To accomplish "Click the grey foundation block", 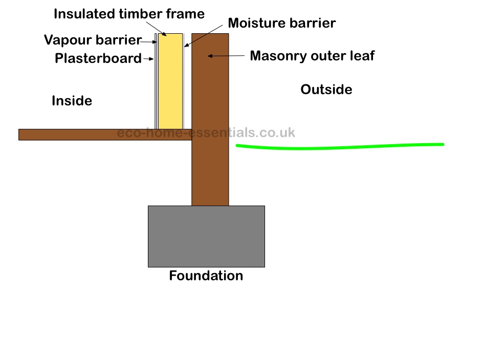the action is pyautogui.click(x=206, y=236).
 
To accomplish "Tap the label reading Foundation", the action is pyautogui.click(x=206, y=276).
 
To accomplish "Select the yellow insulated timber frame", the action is pyautogui.click(x=170, y=81).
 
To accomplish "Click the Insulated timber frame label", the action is pyautogui.click(x=129, y=14).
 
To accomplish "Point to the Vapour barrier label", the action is pyautogui.click(x=93, y=40).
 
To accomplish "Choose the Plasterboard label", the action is pyautogui.click(x=98, y=58).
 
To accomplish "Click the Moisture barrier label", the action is pyautogui.click(x=281, y=23).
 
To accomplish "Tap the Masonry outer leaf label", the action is pyautogui.click(x=312, y=56).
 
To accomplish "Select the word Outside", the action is pyautogui.click(x=326, y=89).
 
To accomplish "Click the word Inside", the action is pyautogui.click(x=72, y=101).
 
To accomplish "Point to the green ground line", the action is pyautogui.click(x=340, y=147).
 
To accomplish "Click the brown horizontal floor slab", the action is pyautogui.click(x=105, y=134).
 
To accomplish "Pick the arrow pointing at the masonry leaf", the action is pyautogui.click(x=226, y=56).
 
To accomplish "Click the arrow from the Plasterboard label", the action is pyautogui.click(x=148, y=58).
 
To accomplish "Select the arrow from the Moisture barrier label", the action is pyautogui.click(x=203, y=36).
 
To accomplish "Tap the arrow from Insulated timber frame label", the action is pyautogui.click(x=156, y=29).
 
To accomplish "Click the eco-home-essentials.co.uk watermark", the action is pyautogui.click(x=206, y=133).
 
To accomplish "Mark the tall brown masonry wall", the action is pyautogui.click(x=210, y=120).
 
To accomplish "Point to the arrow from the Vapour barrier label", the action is pyautogui.click(x=149, y=41).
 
